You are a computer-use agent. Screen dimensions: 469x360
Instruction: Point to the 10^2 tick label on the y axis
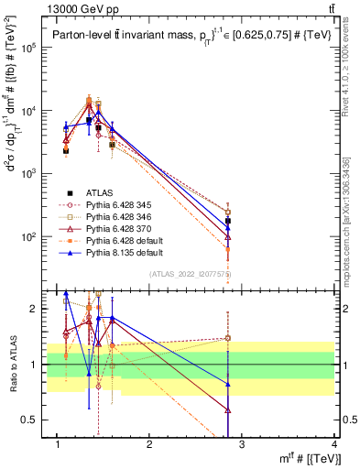click(x=31, y=236)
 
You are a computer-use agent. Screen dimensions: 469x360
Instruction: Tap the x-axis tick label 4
click(x=334, y=445)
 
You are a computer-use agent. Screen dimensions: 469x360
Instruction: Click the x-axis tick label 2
click(x=149, y=445)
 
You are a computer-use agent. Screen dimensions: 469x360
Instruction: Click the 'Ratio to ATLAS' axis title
click(x=11, y=365)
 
